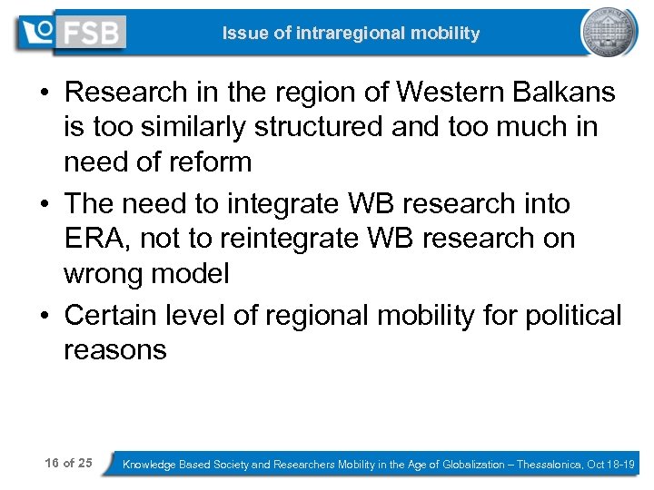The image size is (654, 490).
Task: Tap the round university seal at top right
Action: pos(609,32)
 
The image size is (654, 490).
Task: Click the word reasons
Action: pos(115,350)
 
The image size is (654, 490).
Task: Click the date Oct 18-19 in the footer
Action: pos(614,464)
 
